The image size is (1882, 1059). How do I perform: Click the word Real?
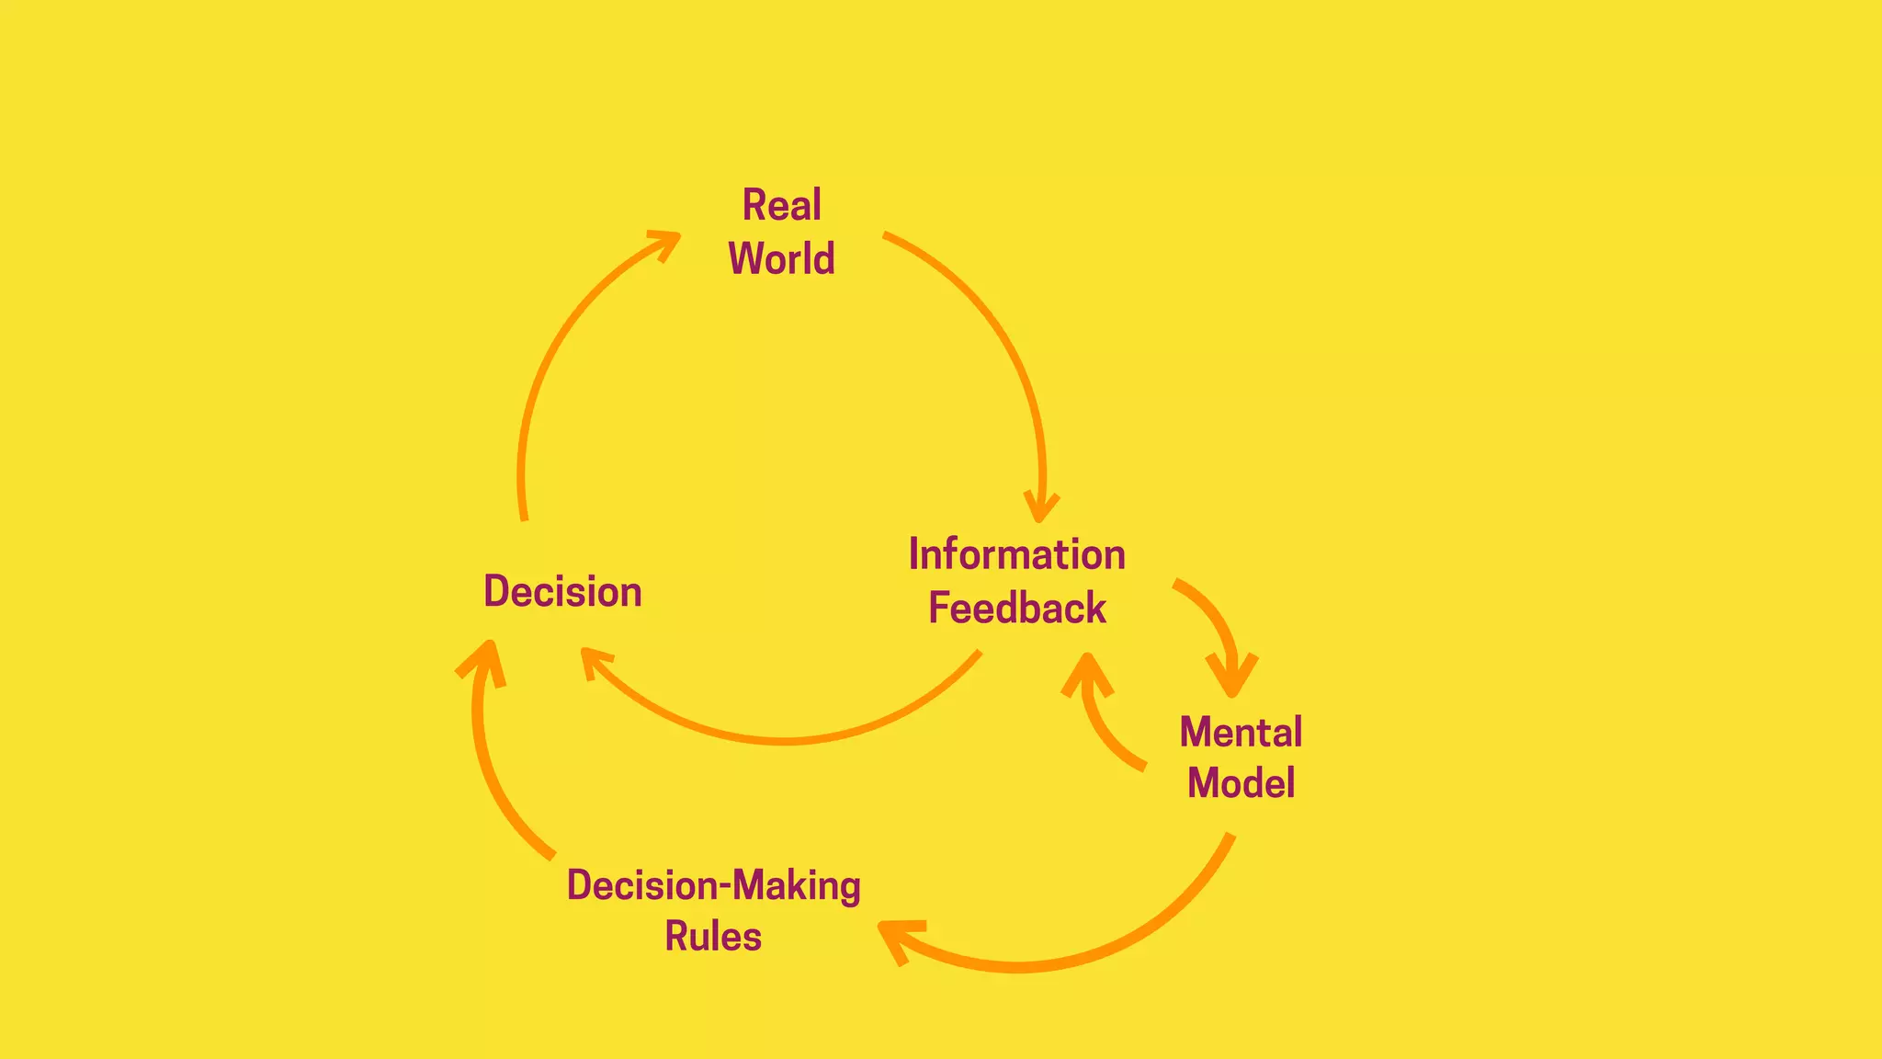click(x=781, y=205)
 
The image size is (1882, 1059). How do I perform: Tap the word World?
click(x=781, y=258)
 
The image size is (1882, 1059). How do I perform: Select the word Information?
click(x=1016, y=554)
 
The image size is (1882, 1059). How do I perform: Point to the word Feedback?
click(x=1016, y=609)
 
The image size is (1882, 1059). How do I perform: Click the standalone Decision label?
click(x=562, y=591)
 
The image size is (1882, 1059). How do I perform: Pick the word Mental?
click(x=1241, y=733)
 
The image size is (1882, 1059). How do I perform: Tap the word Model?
click(x=1241, y=783)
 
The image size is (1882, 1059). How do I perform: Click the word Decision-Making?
click(x=713, y=885)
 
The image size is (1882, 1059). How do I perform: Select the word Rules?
click(x=713, y=937)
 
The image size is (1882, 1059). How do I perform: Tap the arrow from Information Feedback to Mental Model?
click(x=1213, y=616)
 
